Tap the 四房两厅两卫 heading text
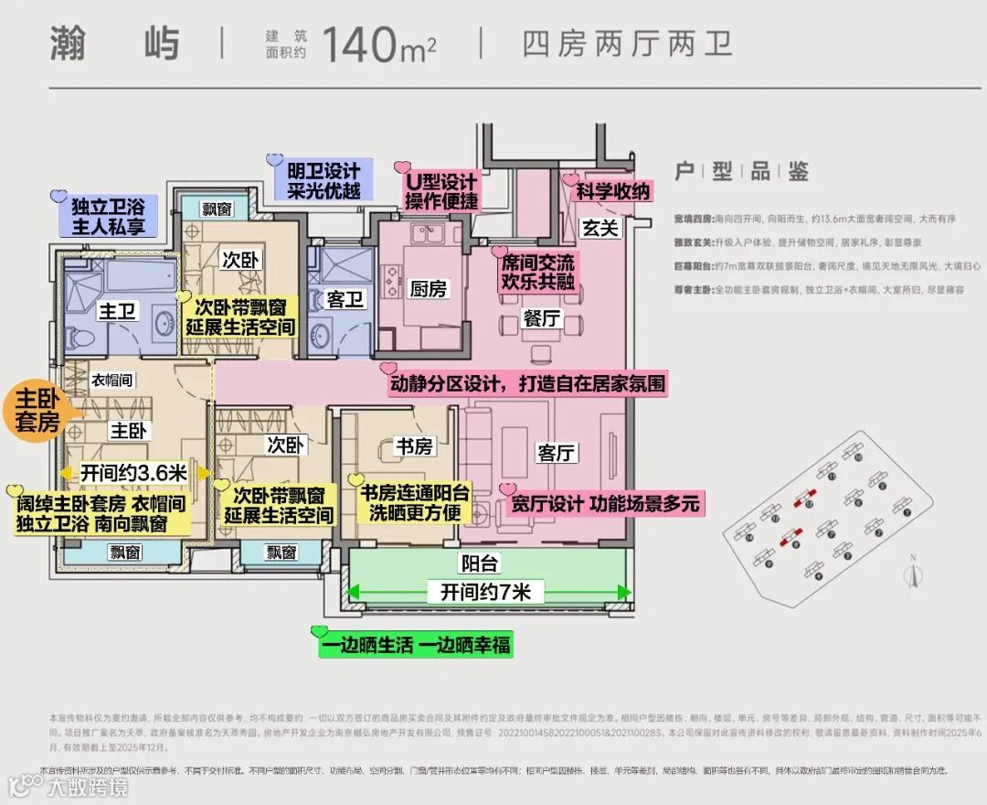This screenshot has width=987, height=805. click(628, 43)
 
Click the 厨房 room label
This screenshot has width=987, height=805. click(428, 289)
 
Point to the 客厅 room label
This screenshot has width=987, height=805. click(557, 453)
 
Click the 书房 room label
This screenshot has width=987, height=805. click(413, 446)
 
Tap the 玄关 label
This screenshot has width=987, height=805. click(600, 228)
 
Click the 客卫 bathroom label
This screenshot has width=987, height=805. click(345, 299)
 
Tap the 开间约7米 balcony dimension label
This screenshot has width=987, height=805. click(485, 593)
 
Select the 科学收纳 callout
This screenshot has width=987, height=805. click(612, 191)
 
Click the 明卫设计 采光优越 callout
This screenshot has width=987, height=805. click(323, 180)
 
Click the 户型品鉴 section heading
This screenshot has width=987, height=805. click(741, 171)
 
